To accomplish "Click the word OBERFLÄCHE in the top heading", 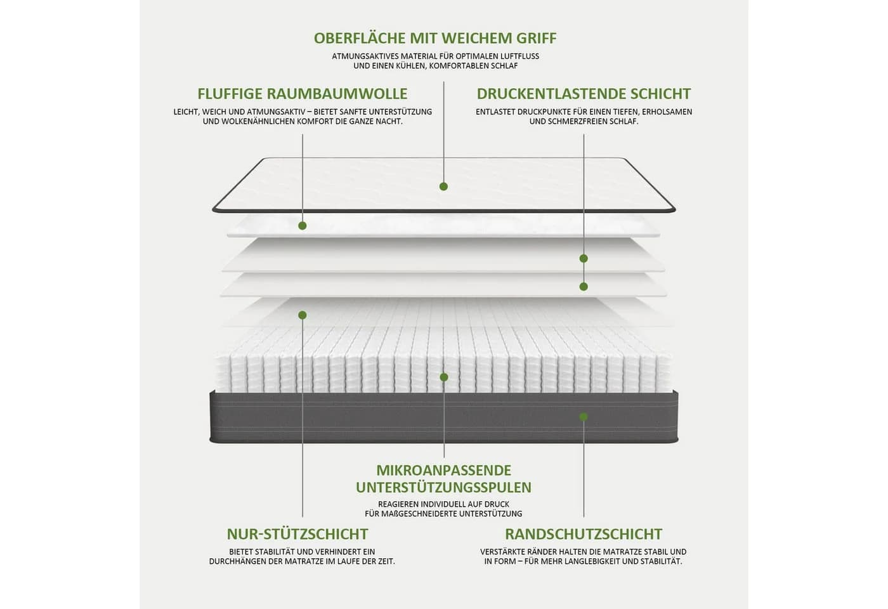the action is (x=360, y=38).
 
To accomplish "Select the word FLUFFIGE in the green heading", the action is (x=230, y=94).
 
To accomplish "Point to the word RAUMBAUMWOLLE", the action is (x=337, y=94).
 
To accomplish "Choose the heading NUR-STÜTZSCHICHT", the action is (x=297, y=534).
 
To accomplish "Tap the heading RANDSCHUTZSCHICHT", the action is (x=584, y=534).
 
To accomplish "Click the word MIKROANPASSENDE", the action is (x=443, y=470).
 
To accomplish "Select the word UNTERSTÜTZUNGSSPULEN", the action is (x=443, y=487).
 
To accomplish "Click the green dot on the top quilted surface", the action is (x=443, y=187).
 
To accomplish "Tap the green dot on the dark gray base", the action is (x=584, y=417).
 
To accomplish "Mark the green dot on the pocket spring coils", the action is (x=444, y=377).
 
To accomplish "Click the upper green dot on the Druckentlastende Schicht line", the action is (x=584, y=259).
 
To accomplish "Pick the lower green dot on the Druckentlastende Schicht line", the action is (x=584, y=286).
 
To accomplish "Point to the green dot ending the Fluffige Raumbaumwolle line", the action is (x=303, y=226).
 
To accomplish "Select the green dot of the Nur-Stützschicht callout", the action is (x=303, y=315).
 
